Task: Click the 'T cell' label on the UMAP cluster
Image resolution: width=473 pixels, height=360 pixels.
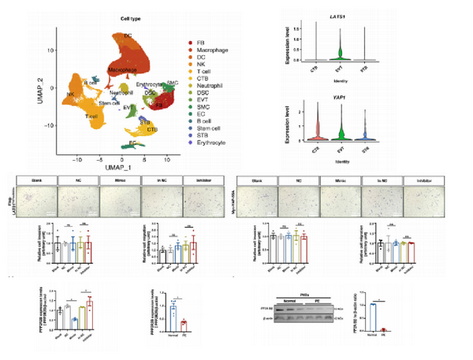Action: pyautogui.click(x=91, y=116)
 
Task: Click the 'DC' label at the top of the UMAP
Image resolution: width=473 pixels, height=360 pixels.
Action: pyautogui.click(x=128, y=36)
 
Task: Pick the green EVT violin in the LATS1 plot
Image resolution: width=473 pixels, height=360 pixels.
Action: pyautogui.click(x=340, y=53)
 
